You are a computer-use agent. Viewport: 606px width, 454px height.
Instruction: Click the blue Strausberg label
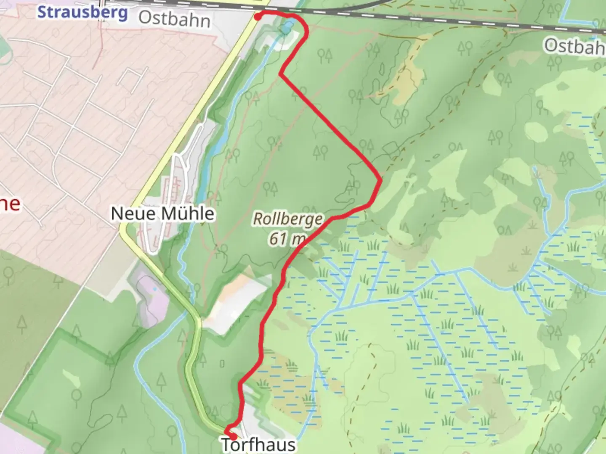point(82,12)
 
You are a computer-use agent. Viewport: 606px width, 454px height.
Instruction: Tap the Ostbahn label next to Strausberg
point(174,19)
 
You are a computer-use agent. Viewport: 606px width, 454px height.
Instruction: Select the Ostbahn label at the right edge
point(575,46)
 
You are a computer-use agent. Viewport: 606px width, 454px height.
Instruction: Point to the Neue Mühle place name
point(162,214)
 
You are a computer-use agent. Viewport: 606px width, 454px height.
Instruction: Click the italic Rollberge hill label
point(288,219)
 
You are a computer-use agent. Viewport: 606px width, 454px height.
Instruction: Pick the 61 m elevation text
point(287,239)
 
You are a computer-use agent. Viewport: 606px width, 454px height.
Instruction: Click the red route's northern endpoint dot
point(257,16)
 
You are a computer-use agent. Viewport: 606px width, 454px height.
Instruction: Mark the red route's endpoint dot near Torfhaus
point(232,436)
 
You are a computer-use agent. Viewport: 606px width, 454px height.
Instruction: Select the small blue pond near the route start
point(287,27)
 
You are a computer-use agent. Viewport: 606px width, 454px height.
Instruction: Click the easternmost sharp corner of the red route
point(381,180)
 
